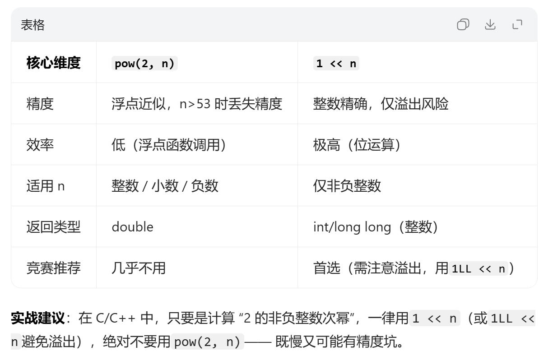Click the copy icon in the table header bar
[x=463, y=24]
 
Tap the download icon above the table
[x=490, y=24]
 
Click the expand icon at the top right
[x=517, y=24]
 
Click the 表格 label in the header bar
[x=33, y=25]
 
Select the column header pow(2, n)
[x=144, y=64]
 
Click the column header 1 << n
[x=336, y=64]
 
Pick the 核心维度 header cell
[x=53, y=63]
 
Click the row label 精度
[x=40, y=104]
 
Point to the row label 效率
[x=40, y=145]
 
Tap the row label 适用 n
[x=45, y=186]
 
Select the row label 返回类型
[x=53, y=226]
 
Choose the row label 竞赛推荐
[x=53, y=268]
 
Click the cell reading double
[x=132, y=226]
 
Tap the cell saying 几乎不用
[x=139, y=268]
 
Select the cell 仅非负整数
[x=347, y=186]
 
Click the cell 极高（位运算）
[x=357, y=145]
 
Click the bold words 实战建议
[x=37, y=318]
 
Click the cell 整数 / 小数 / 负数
[x=165, y=186]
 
